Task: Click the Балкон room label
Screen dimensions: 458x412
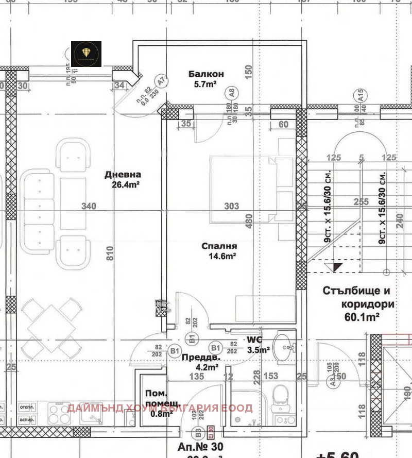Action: tap(206, 74)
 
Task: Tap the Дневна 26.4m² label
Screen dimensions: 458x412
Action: tap(123, 179)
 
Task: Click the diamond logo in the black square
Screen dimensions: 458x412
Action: tap(86, 54)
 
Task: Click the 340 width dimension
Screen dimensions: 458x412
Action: tap(89, 207)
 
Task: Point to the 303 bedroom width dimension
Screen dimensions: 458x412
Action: tap(232, 207)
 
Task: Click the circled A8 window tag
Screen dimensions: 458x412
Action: tap(232, 94)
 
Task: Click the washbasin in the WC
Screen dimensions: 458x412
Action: tap(282, 344)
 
